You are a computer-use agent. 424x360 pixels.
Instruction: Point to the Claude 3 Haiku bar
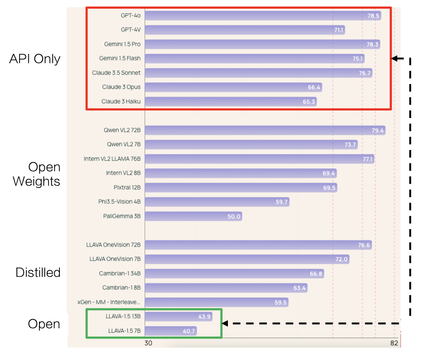tap(231, 102)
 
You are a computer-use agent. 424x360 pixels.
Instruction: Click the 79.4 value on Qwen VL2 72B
tap(378, 130)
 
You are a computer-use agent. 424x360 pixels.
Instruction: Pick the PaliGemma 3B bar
tap(193, 216)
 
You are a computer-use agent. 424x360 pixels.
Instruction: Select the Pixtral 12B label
tap(127, 188)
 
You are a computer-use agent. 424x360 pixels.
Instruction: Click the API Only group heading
tap(35, 59)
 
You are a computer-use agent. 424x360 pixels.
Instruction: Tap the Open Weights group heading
tap(37, 174)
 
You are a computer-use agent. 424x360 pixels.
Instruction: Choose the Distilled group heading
tap(38, 272)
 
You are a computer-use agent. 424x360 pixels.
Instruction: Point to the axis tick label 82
tap(394, 343)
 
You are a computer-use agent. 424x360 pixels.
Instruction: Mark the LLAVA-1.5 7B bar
tap(170, 331)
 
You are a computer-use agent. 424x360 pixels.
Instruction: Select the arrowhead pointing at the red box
tap(395, 59)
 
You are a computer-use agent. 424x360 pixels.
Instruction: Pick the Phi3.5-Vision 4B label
tap(119, 202)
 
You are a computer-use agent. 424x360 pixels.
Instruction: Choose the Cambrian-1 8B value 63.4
tap(299, 288)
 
